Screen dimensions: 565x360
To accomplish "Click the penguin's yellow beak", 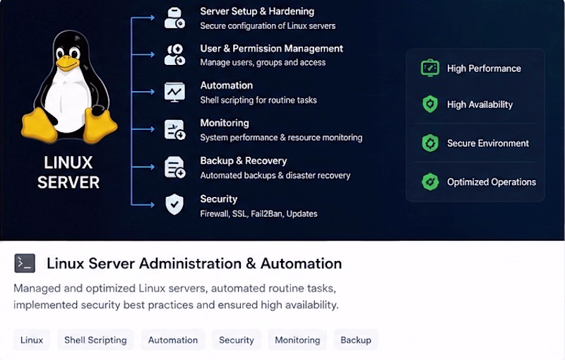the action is point(67,63).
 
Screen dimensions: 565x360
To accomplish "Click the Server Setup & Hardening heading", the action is point(257,11).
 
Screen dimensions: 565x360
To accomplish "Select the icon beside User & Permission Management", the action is point(174,55).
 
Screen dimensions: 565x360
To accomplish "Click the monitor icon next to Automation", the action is point(174,92).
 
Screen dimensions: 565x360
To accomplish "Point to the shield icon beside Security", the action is point(174,205).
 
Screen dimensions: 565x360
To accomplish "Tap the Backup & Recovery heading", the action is point(243,161).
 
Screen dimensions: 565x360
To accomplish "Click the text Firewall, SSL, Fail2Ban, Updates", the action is point(258,214).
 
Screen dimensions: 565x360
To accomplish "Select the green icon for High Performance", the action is point(430,68).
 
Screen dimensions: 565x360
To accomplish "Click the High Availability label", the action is point(480,104).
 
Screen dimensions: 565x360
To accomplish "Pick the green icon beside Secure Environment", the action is point(430,143).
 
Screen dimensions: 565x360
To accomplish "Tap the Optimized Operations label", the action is point(492,182).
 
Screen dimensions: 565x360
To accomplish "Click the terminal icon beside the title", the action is point(25,263).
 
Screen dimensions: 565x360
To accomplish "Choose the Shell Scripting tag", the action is point(95,340).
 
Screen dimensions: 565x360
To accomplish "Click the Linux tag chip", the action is point(32,340).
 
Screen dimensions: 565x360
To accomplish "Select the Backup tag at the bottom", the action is point(356,340).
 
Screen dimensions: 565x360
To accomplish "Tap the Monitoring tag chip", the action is point(297,340).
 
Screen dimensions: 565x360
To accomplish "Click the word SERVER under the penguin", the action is point(69,183).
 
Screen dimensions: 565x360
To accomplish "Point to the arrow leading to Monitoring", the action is point(143,129).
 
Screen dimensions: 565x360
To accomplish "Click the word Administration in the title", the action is point(190,263).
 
